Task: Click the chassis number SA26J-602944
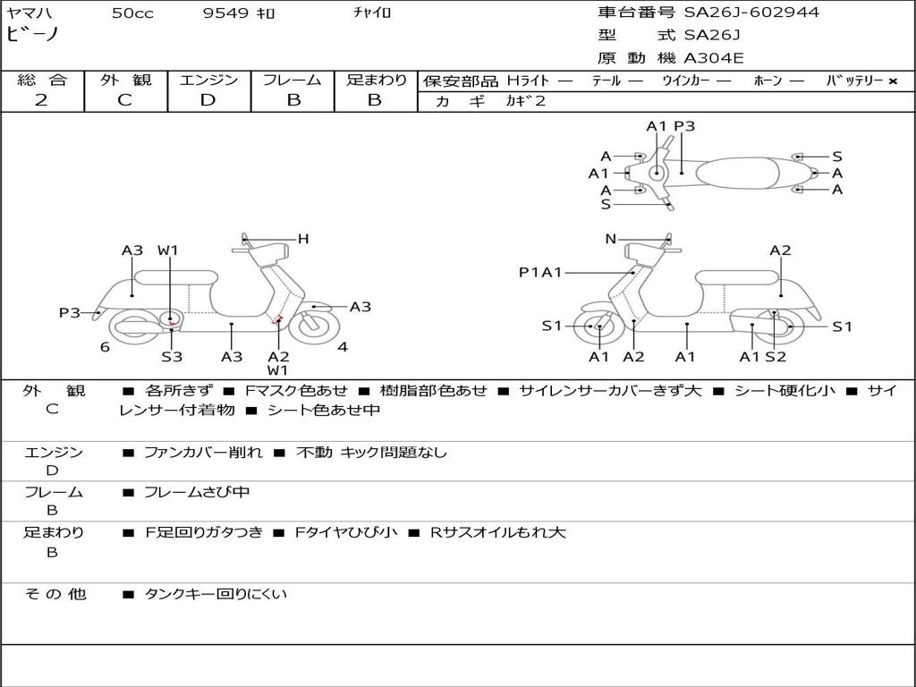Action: tap(751, 13)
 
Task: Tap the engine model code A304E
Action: tap(713, 58)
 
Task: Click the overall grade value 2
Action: tap(41, 100)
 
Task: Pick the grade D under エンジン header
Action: tap(208, 100)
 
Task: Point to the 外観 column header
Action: tap(125, 80)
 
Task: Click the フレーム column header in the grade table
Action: tap(293, 80)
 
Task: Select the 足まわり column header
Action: tap(376, 80)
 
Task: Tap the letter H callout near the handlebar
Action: tap(303, 239)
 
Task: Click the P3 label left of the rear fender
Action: tap(70, 312)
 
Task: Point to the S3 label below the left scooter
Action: tap(172, 357)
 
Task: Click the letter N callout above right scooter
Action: tap(611, 239)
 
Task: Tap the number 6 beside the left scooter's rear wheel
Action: tap(105, 347)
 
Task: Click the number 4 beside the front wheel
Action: tap(343, 347)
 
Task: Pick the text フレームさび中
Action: tap(197, 492)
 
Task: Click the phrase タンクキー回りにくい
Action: tap(216, 594)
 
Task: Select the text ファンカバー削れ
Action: tap(203, 453)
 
